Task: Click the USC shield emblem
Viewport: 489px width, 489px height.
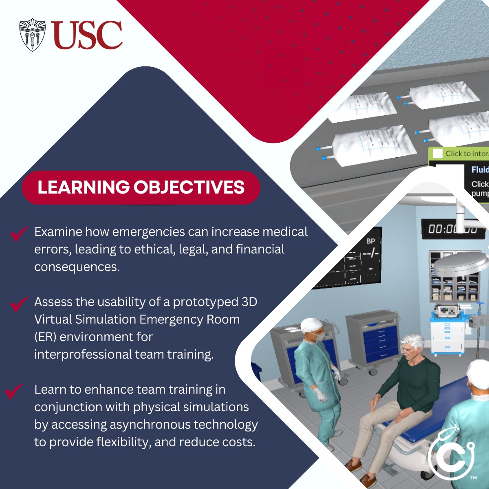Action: [32, 35]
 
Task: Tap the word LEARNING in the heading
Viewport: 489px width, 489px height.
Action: [84, 187]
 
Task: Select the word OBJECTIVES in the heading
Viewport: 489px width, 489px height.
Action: [189, 187]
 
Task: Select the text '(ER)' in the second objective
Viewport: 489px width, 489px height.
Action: [45, 337]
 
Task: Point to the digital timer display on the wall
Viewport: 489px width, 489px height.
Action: [452, 229]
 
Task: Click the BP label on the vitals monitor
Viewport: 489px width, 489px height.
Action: [370, 241]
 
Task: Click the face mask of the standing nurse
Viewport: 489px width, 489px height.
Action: [320, 337]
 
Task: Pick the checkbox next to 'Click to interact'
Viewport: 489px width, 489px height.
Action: [438, 154]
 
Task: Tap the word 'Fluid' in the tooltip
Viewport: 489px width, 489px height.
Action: [480, 170]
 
